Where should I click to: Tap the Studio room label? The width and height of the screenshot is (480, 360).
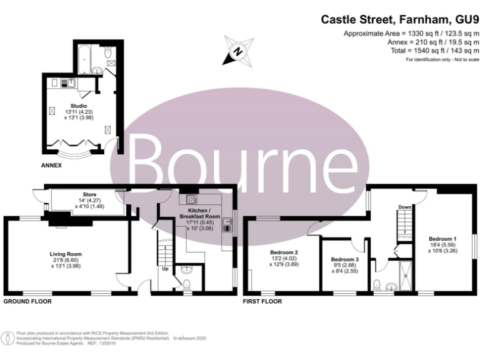(78, 106)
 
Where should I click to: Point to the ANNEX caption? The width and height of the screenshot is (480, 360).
(52, 166)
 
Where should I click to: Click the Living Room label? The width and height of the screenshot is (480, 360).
(66, 254)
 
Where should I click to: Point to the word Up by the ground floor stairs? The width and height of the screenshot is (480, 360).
(165, 270)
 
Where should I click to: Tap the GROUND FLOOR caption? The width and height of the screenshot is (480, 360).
(27, 301)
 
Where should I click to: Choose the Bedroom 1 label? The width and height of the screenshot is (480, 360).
(442, 239)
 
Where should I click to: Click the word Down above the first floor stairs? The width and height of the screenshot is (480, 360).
(404, 207)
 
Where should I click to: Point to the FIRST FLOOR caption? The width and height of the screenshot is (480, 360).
(262, 301)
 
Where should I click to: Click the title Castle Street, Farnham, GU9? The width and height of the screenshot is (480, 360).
(400, 20)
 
